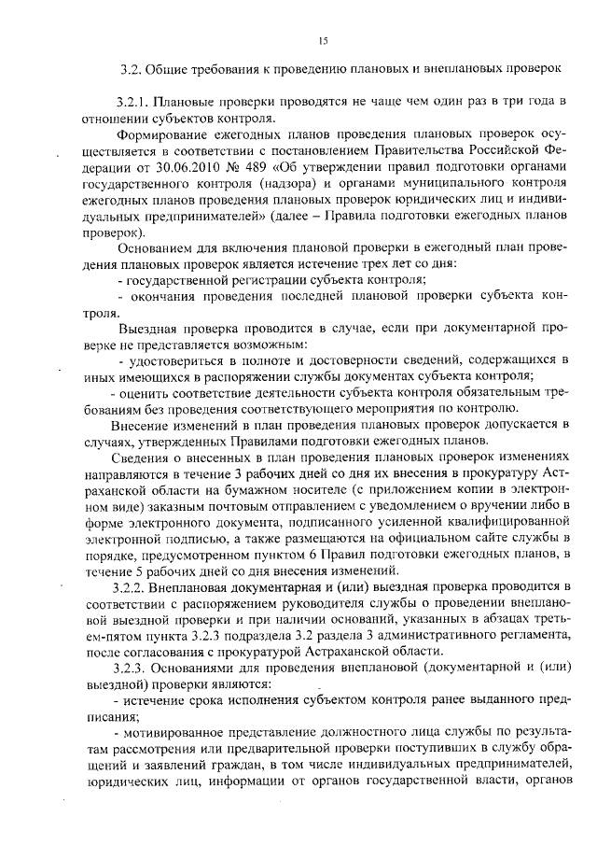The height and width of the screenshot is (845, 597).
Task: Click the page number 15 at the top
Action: click(323, 40)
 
